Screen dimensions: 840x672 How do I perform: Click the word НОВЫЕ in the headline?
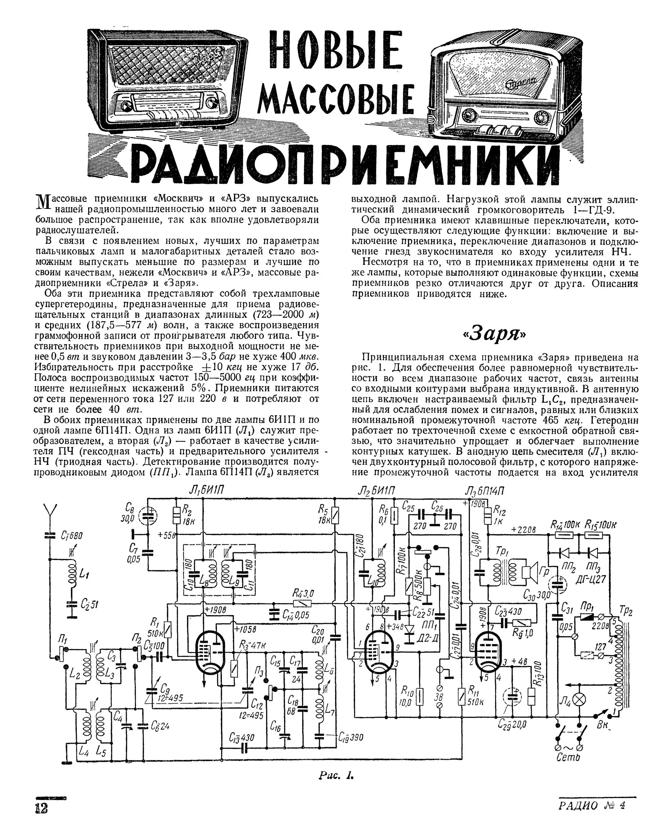[x=335, y=55]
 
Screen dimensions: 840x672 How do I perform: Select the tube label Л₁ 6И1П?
[x=206, y=492]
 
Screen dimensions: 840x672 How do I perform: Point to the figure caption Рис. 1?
[x=336, y=776]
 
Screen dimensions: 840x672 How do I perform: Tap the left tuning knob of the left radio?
[x=127, y=105]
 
